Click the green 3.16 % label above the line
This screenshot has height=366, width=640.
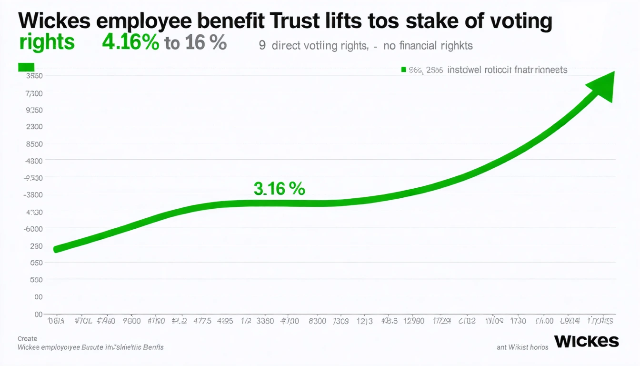(279, 188)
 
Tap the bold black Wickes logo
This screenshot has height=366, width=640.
(586, 341)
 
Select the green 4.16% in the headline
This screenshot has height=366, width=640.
(130, 42)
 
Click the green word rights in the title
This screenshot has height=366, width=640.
(47, 42)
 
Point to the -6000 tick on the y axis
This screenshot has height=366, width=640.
(33, 229)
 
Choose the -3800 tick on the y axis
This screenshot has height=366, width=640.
(33, 194)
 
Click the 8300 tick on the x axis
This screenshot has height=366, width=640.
(317, 321)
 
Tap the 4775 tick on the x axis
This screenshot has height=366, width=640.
(202, 321)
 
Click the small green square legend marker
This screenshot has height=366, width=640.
(403, 70)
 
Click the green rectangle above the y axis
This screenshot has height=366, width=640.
(26, 67)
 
